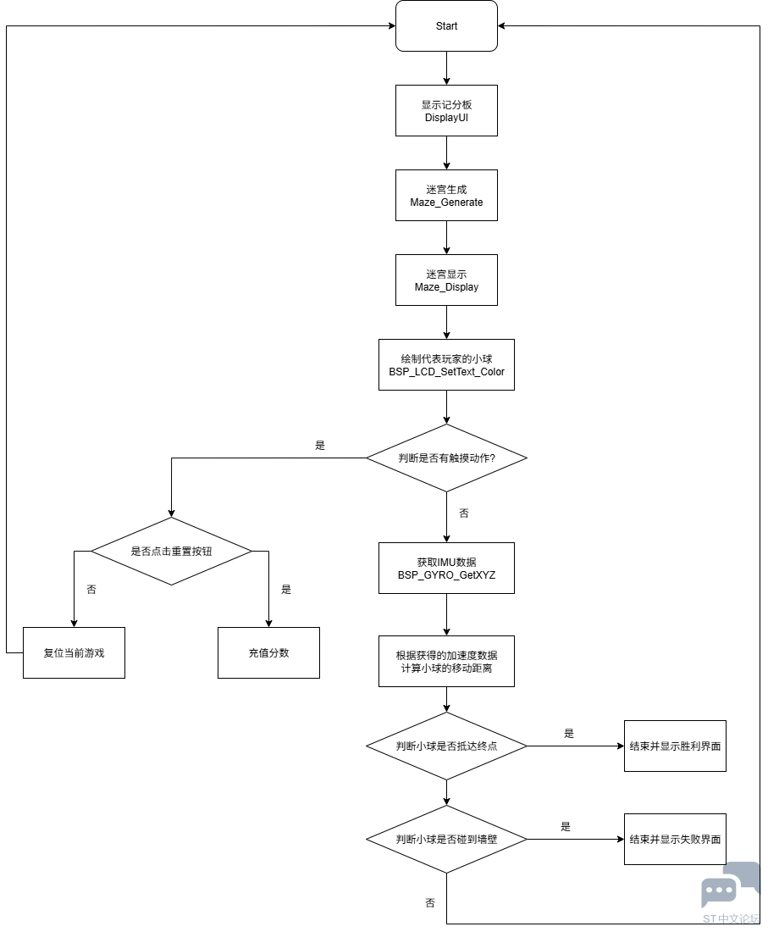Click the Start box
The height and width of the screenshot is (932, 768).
[446, 26]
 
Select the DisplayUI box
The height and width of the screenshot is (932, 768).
[446, 111]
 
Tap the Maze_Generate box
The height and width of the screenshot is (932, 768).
[446, 196]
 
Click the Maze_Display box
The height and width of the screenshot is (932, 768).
[446, 280]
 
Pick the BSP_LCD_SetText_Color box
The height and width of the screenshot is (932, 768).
[446, 365]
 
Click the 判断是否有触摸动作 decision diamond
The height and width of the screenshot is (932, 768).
[446, 458]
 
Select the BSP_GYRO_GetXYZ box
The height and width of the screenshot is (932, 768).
[446, 569]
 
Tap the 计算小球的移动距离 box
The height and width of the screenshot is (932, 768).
[446, 662]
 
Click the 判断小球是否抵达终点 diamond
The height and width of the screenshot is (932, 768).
[446, 746]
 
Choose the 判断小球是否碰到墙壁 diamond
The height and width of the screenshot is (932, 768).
[446, 840]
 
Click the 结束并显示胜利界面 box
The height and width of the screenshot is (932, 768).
[675, 746]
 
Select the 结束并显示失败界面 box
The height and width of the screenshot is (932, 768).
[675, 840]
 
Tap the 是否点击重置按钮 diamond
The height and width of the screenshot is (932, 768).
[171, 552]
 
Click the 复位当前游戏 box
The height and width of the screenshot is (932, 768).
[74, 653]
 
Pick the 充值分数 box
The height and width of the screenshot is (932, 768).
[268, 653]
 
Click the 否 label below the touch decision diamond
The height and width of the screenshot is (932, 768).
[464, 513]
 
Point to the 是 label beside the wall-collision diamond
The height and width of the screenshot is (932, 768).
[566, 827]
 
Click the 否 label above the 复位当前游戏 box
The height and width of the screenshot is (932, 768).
[91, 590]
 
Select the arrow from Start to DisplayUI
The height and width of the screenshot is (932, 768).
[446, 69]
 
